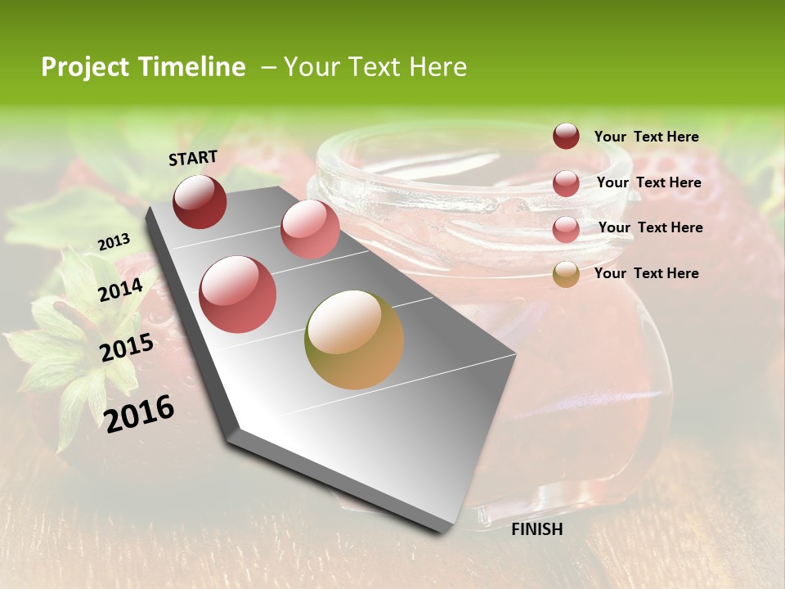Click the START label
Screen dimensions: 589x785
click(x=193, y=158)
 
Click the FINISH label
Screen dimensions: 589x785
click(x=536, y=529)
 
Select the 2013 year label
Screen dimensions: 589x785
click(x=114, y=242)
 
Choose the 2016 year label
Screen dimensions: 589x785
click(x=139, y=413)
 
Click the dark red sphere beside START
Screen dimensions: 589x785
click(x=200, y=201)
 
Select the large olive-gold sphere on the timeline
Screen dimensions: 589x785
click(x=354, y=339)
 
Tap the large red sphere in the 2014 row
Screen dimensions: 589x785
click(x=238, y=294)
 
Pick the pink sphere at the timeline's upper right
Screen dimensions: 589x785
click(x=310, y=228)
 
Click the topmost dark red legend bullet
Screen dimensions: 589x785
click(x=566, y=136)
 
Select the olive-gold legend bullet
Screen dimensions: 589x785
click(x=566, y=274)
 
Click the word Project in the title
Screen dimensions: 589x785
click(x=85, y=67)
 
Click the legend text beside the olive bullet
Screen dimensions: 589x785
click(x=646, y=273)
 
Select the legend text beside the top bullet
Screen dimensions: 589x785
click(x=646, y=137)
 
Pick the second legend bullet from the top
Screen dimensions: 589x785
click(x=566, y=183)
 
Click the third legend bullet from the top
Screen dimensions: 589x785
click(x=566, y=229)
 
